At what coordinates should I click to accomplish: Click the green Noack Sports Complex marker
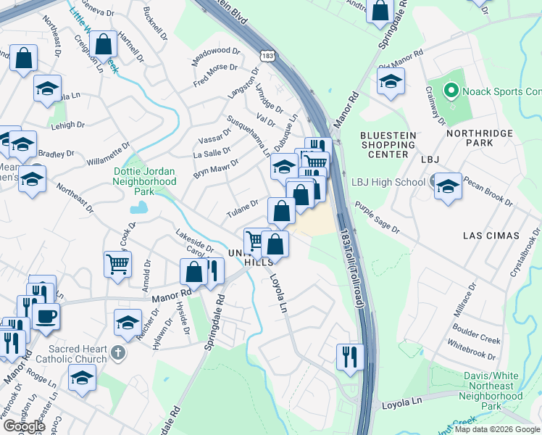pyautogui.click(x=451, y=91)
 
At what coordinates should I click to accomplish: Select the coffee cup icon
pyautogui.click(x=45, y=315)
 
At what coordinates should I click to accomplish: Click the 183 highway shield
pyautogui.click(x=268, y=55)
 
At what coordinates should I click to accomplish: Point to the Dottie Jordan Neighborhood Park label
pyautogui.click(x=145, y=176)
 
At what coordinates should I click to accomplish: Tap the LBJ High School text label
pyautogui.click(x=388, y=182)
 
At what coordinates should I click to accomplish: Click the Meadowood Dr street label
pyautogui.click(x=215, y=57)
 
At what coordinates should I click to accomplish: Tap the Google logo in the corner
pyautogui.click(x=24, y=426)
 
